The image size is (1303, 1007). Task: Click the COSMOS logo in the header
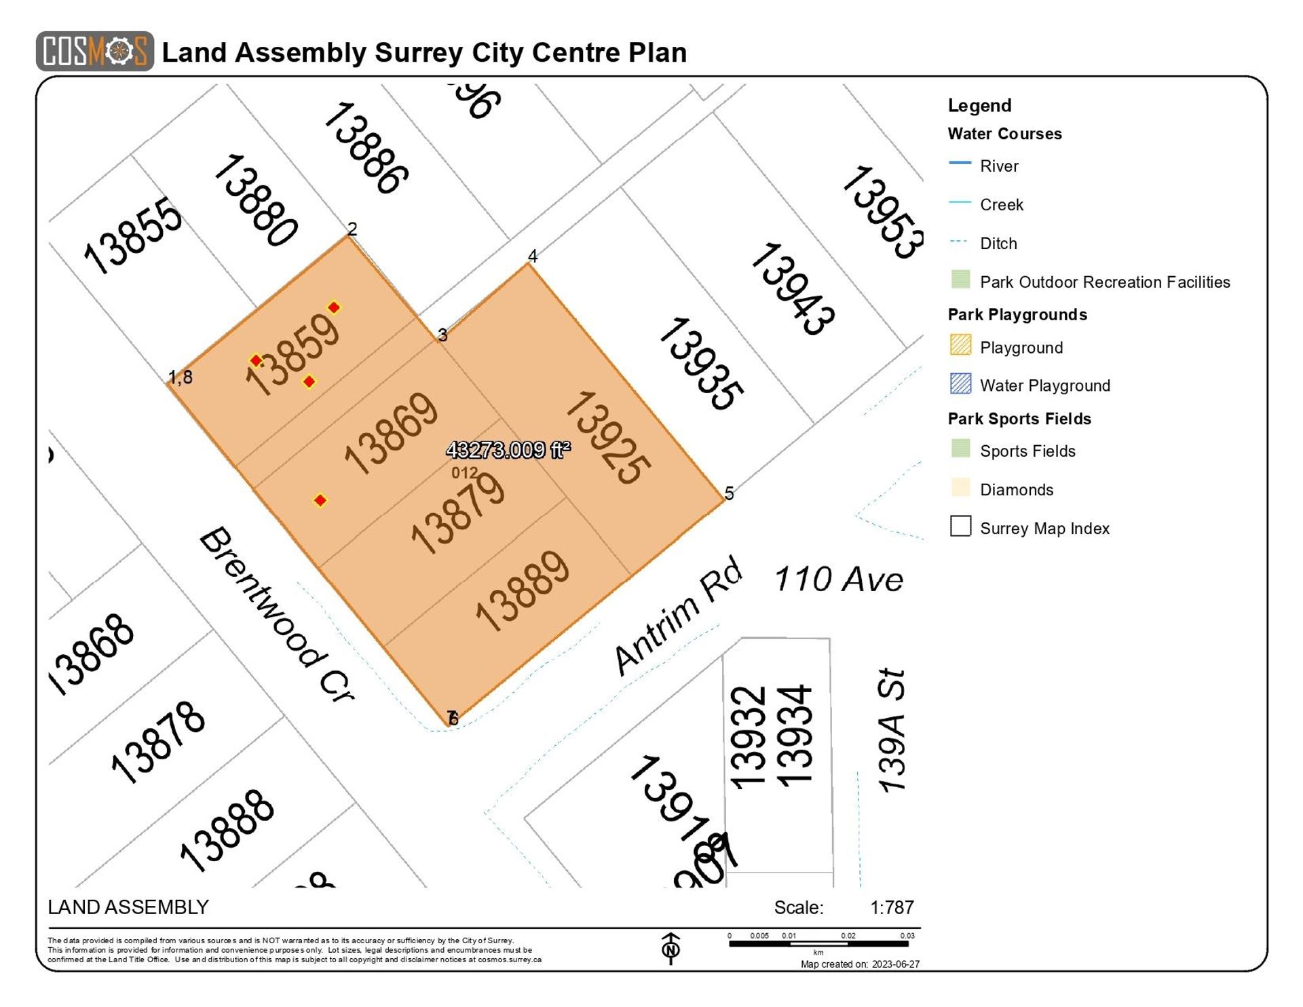[x=94, y=51]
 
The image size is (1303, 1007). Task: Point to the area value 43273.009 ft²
[x=508, y=449]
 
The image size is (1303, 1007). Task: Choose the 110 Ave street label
[x=838, y=579]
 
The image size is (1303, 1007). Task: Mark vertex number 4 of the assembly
[x=533, y=256]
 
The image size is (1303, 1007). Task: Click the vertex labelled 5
[x=729, y=493]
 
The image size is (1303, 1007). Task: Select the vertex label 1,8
[x=181, y=377]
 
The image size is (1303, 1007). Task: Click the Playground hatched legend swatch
[x=960, y=345]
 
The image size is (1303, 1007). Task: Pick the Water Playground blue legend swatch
[x=960, y=384]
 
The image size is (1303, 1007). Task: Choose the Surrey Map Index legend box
[x=960, y=527]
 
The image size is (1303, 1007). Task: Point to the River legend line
[x=960, y=164]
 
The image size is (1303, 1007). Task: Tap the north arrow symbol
[x=671, y=948]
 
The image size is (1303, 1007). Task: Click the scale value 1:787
[x=892, y=908]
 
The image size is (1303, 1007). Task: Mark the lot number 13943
[x=792, y=289]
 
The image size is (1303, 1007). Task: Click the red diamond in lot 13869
[x=320, y=501]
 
